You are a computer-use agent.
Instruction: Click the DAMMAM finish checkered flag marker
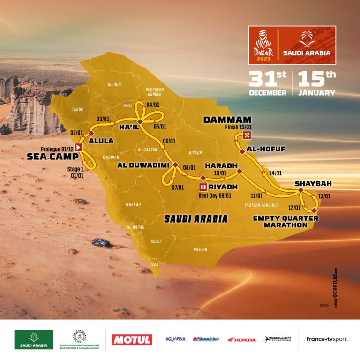pyautogui.click(x=247, y=135)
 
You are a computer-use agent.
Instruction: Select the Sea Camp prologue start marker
pyautogui.click(x=79, y=147)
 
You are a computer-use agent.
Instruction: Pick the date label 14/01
pyautogui.click(x=276, y=173)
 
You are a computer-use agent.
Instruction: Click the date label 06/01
pyautogui.click(x=169, y=141)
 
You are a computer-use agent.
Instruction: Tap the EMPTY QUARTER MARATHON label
pyautogui.click(x=280, y=221)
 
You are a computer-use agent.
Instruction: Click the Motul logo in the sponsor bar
pyautogui.click(x=132, y=339)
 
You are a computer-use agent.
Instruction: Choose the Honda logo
pyautogui.click(x=242, y=339)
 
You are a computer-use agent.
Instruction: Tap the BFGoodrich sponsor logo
pyautogui.click(x=206, y=339)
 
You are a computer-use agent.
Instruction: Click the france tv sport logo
pyautogui.click(x=327, y=339)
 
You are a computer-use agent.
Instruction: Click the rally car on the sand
pyautogui.click(x=101, y=242)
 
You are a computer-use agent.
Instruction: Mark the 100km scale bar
pyautogui.click(x=323, y=306)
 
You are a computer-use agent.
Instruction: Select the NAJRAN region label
pyautogui.click(x=200, y=249)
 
